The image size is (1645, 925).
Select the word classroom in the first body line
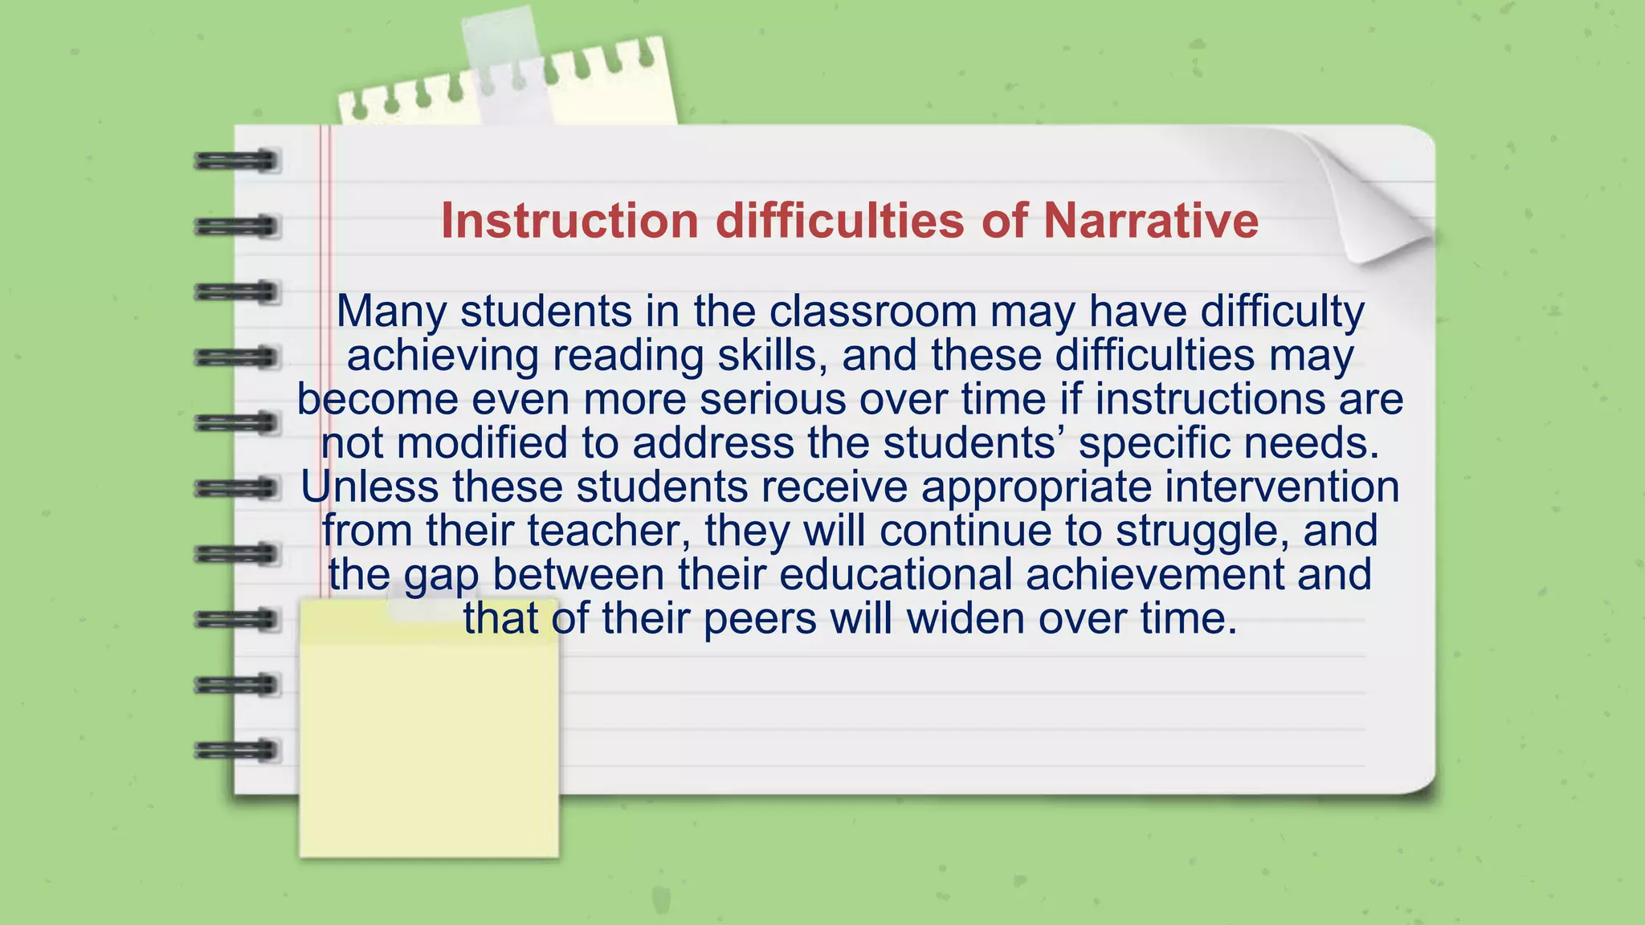[x=872, y=312]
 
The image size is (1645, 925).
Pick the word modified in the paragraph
[x=482, y=442]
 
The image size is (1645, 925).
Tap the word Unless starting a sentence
[x=369, y=487]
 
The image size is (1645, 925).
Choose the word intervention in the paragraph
[x=1282, y=487]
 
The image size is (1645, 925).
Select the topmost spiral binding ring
[x=236, y=161]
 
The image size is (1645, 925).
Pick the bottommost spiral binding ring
[x=236, y=750]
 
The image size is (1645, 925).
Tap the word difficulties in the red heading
[x=839, y=221]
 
